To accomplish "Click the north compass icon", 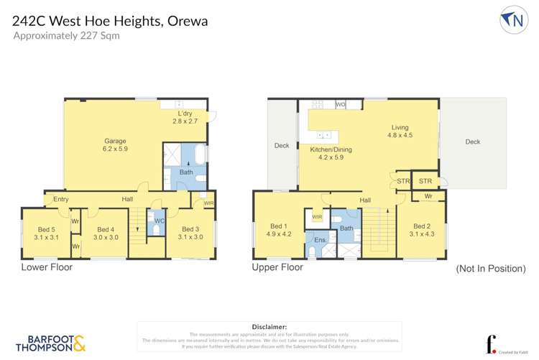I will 513,20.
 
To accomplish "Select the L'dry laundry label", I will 185,118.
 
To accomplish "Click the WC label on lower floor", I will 160,221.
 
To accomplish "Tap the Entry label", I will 61,199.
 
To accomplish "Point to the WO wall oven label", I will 341,105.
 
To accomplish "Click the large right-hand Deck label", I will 472,142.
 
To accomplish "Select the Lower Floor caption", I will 47,267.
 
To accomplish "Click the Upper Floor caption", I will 277,267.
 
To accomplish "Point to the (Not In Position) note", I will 491,268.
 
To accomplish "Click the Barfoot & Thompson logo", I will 50,342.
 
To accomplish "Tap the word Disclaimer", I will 269,326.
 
